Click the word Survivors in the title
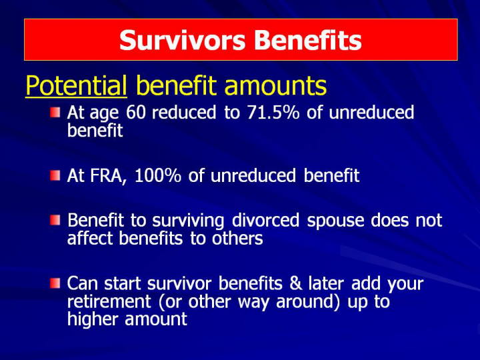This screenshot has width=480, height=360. point(183,40)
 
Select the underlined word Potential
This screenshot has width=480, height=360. point(76,85)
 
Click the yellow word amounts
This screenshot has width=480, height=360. point(275,85)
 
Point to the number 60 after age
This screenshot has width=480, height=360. point(135,113)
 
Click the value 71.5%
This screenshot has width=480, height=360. point(273,113)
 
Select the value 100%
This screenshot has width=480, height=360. point(157,176)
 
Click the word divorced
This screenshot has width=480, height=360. point(265,220)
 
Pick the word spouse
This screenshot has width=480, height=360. point(335,221)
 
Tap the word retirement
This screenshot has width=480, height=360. point(109,301)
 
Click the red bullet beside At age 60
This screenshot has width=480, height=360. point(55,113)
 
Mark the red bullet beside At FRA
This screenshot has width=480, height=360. point(55,176)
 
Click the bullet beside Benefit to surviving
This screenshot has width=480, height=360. point(55,220)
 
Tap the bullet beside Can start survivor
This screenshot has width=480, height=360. point(55,283)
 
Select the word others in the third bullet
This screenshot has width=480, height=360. point(237,238)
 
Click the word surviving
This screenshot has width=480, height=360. point(188,221)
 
